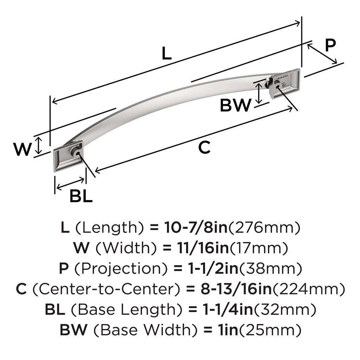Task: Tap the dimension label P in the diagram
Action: click(x=330, y=45)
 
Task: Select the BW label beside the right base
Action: click(x=236, y=105)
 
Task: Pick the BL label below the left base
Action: click(x=81, y=197)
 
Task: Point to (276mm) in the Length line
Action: click(x=265, y=228)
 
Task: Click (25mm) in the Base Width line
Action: click(x=276, y=330)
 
